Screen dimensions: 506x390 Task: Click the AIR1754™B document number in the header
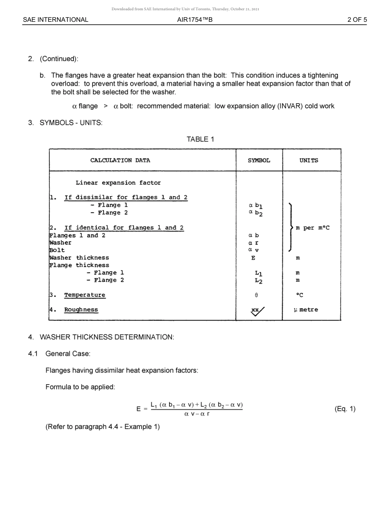(x=195, y=20)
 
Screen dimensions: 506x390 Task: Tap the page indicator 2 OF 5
(x=357, y=20)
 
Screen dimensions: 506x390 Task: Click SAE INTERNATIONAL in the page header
(x=55, y=20)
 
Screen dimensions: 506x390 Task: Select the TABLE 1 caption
(x=200, y=139)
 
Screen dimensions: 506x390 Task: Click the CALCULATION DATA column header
(x=120, y=160)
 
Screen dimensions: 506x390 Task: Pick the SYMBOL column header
(x=259, y=160)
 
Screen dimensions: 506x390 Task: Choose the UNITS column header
(x=309, y=160)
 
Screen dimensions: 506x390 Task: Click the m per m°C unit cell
(x=312, y=228)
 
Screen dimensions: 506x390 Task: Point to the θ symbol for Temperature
(x=256, y=295)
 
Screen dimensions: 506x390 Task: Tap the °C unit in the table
(x=300, y=295)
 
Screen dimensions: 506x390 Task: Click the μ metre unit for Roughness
(x=306, y=310)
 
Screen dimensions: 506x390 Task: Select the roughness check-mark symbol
(x=257, y=311)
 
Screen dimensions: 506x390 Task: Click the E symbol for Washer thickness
(x=253, y=258)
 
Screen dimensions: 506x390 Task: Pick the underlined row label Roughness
(x=81, y=310)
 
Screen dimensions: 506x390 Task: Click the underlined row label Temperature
(x=85, y=295)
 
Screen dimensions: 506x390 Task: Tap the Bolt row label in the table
(x=57, y=250)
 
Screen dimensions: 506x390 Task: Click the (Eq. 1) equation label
(x=345, y=409)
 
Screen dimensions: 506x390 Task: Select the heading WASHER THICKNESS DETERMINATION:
(x=107, y=337)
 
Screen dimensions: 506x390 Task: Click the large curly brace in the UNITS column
(x=291, y=227)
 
